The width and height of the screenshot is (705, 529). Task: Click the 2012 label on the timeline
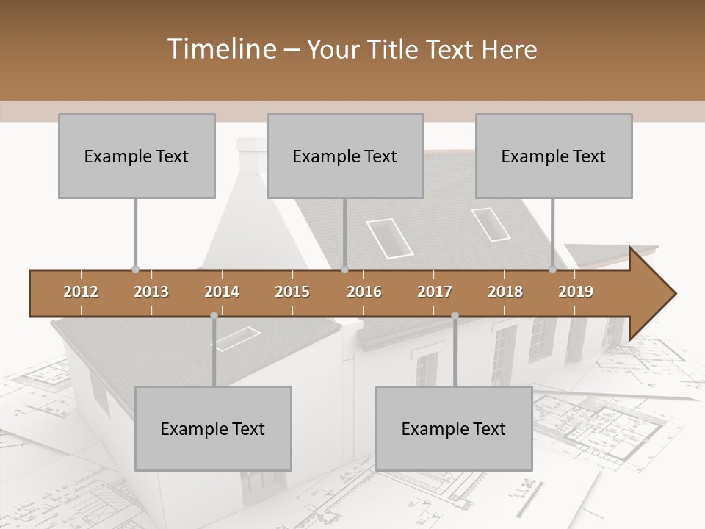81,292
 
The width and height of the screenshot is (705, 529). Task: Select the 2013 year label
151,292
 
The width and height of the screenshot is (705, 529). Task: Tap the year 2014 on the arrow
222,292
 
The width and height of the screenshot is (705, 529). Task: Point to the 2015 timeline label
292,292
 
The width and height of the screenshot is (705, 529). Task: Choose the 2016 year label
364,292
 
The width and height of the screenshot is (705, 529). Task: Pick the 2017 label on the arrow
435,292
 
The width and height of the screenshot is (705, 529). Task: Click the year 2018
505,292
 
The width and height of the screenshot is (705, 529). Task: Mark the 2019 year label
576,292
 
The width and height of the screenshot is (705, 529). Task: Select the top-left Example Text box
137,156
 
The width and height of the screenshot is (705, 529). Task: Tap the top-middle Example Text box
345,156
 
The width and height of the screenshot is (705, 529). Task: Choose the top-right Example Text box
554,156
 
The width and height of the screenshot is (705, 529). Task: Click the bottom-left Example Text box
213,428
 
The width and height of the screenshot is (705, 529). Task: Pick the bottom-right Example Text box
454,428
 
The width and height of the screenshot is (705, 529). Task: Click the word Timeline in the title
220,49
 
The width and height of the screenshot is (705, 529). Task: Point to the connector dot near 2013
135,270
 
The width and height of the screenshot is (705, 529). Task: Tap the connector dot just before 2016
345,270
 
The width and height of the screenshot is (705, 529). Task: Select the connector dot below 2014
214,316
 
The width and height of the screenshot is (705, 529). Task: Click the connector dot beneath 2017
455,316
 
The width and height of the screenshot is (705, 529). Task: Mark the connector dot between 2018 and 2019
553,270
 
